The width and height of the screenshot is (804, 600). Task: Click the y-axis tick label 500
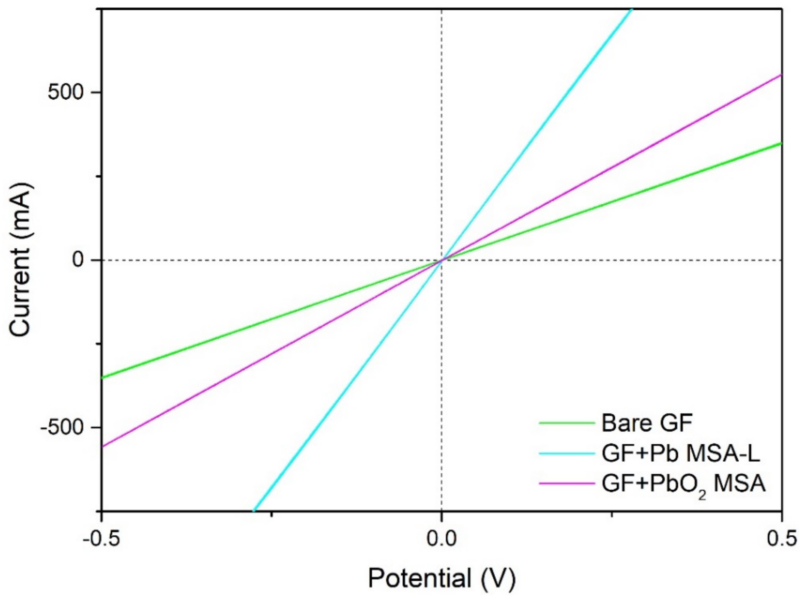pos(65,92)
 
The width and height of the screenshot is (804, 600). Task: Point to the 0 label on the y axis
pos(77,260)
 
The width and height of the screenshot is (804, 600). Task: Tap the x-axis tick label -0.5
pos(101,538)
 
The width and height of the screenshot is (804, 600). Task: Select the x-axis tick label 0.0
pos(441,538)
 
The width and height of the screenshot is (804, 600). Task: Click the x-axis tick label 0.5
pos(782,538)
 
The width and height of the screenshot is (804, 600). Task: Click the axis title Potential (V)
pos(442,578)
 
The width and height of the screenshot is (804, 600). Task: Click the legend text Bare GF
pos(646,423)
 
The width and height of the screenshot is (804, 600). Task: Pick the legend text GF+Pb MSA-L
pos(681,453)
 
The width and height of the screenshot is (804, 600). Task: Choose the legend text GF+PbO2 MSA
pos(683,484)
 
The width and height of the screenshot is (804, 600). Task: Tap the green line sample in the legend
pos(567,423)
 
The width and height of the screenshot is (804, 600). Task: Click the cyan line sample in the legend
pos(567,454)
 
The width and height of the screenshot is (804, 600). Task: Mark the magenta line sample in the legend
pos(567,484)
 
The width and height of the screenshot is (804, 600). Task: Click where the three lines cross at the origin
pos(441,260)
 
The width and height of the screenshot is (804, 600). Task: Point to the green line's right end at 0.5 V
pos(781,143)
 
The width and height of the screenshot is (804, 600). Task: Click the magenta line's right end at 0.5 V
pos(781,75)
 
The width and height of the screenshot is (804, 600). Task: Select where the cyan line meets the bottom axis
pos(254,510)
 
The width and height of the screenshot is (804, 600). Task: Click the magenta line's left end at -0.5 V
pos(103,446)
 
